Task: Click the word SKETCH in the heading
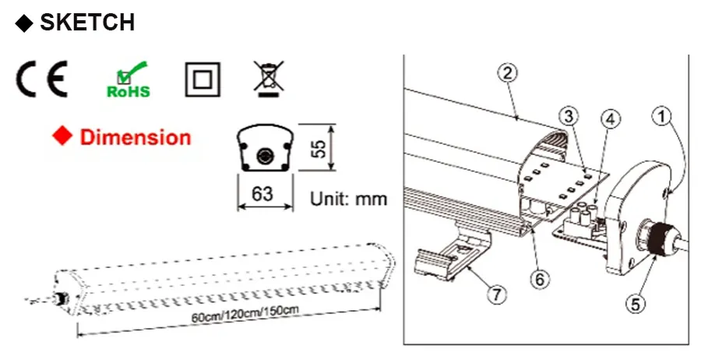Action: click(x=87, y=22)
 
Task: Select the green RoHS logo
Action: click(x=129, y=79)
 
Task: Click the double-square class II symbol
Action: click(x=203, y=79)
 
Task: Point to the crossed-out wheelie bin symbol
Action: click(x=269, y=79)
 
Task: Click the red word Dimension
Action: click(x=136, y=137)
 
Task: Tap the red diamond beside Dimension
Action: click(x=62, y=136)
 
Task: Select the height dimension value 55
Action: click(x=319, y=149)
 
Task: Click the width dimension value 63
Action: click(x=262, y=194)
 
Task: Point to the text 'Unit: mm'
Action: click(x=349, y=199)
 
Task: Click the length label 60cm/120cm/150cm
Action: click(x=245, y=313)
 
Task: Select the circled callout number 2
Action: click(x=507, y=73)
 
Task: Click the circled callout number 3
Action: click(x=569, y=116)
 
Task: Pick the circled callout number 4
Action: click(x=610, y=119)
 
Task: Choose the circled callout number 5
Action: click(x=636, y=304)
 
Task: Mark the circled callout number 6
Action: click(x=540, y=279)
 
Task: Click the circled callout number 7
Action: click(x=497, y=295)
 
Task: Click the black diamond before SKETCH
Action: click(x=24, y=23)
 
